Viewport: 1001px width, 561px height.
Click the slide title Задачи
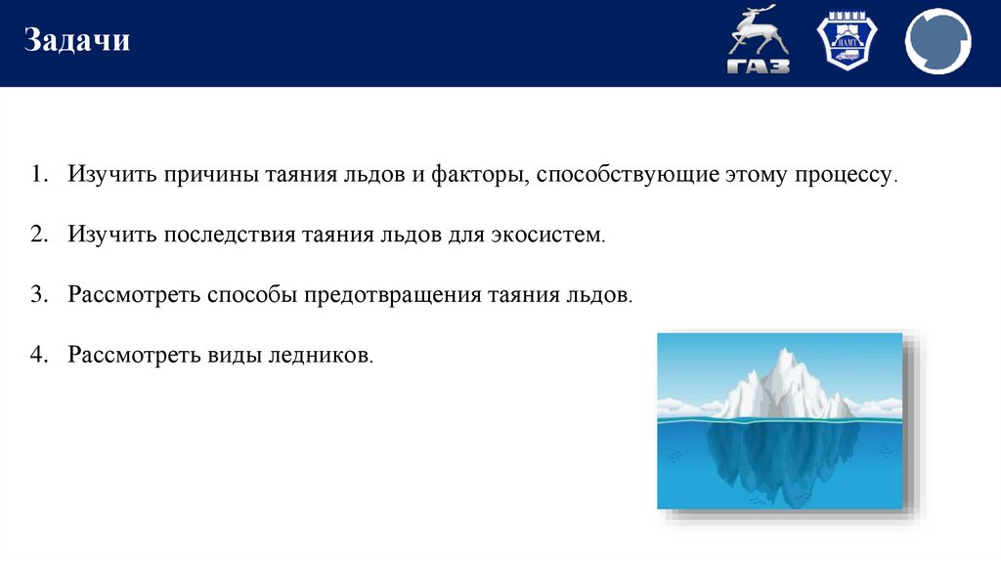click(x=77, y=41)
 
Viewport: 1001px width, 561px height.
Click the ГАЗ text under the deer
click(x=758, y=65)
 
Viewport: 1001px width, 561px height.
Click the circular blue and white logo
click(x=937, y=42)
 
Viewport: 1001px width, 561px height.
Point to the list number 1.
click(x=37, y=177)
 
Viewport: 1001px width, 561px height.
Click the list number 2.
click(x=37, y=236)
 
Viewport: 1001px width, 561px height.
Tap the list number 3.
click(x=37, y=294)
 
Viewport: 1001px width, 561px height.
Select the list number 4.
click(x=37, y=353)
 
